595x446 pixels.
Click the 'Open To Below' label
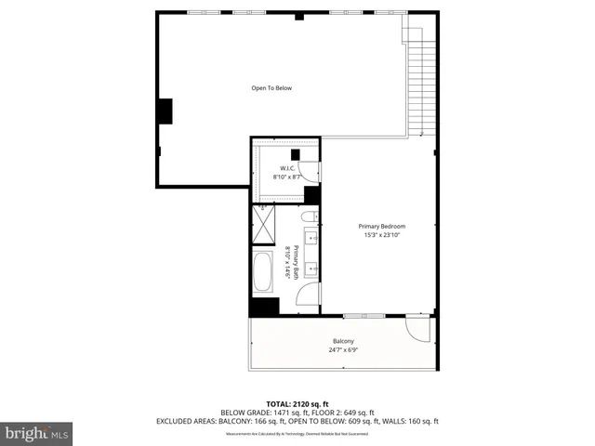271,88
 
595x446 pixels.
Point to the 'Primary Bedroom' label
382,227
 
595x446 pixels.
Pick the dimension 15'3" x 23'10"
382,235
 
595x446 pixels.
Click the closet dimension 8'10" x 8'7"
286,177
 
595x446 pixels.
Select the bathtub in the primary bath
262,270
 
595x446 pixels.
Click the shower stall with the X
263,224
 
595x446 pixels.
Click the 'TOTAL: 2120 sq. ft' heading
298,403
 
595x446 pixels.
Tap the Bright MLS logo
36,432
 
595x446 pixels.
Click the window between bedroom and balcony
364,316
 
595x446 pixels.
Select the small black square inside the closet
296,154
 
